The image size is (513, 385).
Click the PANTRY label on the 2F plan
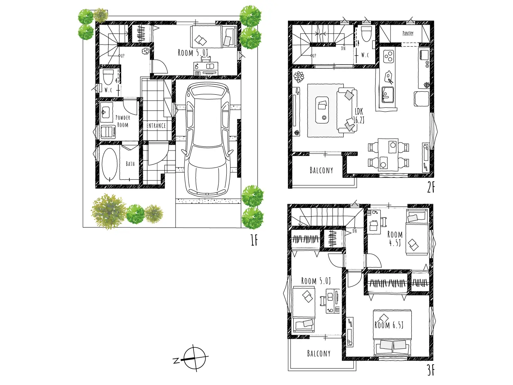click(408, 33)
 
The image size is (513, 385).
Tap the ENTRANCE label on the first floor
click(156, 126)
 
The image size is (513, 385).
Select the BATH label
click(130, 164)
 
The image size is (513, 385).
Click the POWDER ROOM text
click(123, 121)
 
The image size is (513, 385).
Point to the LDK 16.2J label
click(359, 115)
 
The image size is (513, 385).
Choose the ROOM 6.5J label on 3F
click(389, 325)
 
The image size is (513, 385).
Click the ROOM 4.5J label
click(395, 239)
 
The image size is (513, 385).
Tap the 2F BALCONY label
click(321, 170)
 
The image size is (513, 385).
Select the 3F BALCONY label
click(319, 353)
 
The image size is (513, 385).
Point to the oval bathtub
click(110, 164)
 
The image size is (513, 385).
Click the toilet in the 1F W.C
click(108, 77)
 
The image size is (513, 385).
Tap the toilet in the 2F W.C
click(366, 34)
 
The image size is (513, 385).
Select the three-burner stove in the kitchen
click(388, 56)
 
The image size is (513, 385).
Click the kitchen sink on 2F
click(388, 94)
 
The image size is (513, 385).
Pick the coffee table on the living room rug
click(322, 110)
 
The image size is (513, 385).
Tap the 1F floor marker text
click(254, 240)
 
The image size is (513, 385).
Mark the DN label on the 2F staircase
click(343, 49)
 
